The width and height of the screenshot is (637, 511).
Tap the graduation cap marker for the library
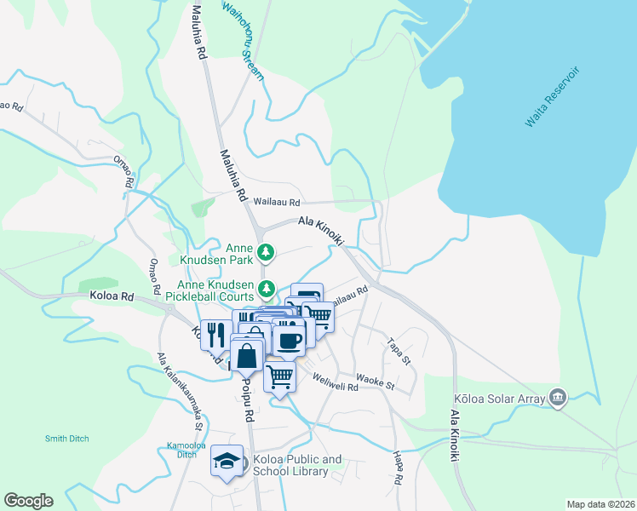pyautogui.click(x=227, y=461)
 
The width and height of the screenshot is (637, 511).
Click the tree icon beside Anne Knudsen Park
pyautogui.click(x=267, y=251)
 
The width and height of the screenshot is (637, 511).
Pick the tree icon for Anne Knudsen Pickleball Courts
pyautogui.click(x=267, y=290)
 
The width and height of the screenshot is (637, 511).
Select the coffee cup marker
pyautogui.click(x=289, y=339)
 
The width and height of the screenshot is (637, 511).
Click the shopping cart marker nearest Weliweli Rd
pyautogui.click(x=280, y=376)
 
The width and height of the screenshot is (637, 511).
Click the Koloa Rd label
pyautogui.click(x=112, y=297)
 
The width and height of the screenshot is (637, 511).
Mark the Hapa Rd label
pyautogui.click(x=397, y=468)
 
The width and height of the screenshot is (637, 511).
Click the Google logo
pyautogui.click(x=29, y=500)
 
